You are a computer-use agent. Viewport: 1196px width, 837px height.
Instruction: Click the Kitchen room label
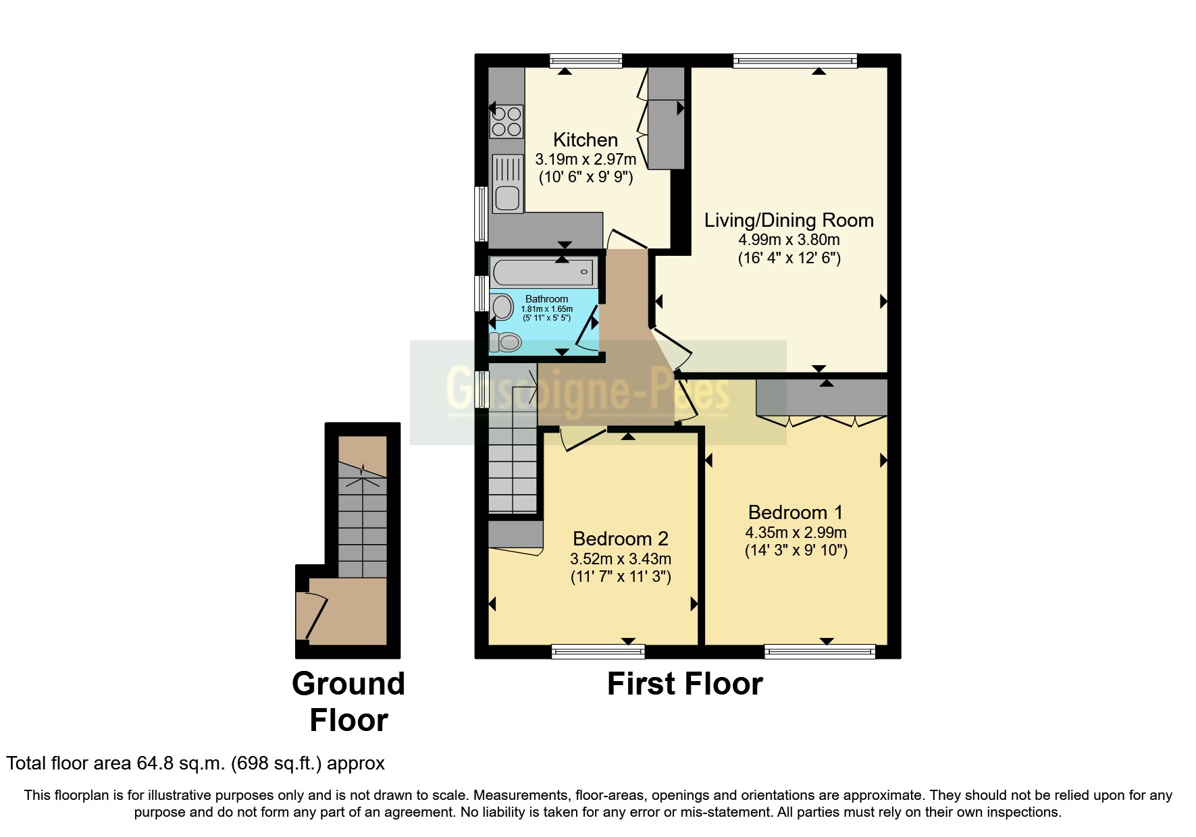click(x=585, y=140)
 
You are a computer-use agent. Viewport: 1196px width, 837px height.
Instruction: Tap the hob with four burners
click(x=506, y=122)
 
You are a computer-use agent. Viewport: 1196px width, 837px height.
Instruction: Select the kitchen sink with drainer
click(x=508, y=184)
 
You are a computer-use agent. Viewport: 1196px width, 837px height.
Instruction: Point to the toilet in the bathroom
click(x=505, y=342)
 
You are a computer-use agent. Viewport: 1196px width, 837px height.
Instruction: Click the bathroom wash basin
click(x=502, y=308)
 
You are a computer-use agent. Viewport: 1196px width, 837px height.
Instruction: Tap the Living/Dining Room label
click(x=789, y=220)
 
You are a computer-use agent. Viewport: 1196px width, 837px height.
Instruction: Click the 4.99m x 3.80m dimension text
click(x=789, y=240)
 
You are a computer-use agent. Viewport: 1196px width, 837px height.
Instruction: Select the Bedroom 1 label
click(x=796, y=512)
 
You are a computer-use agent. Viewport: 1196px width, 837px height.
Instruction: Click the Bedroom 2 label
click(x=620, y=539)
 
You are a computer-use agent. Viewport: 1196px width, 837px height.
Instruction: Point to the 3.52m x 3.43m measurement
click(x=620, y=559)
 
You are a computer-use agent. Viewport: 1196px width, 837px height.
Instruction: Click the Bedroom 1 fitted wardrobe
click(x=821, y=398)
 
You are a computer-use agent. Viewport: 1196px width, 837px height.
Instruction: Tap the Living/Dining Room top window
click(x=795, y=61)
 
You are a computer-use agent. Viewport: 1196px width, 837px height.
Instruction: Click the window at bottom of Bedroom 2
click(x=598, y=651)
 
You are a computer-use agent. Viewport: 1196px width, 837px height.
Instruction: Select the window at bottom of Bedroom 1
click(x=820, y=651)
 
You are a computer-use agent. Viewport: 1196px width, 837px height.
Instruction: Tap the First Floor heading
click(x=684, y=684)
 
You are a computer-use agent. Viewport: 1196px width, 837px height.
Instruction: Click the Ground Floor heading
click(x=348, y=701)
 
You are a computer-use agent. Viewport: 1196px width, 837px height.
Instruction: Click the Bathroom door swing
click(x=586, y=329)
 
